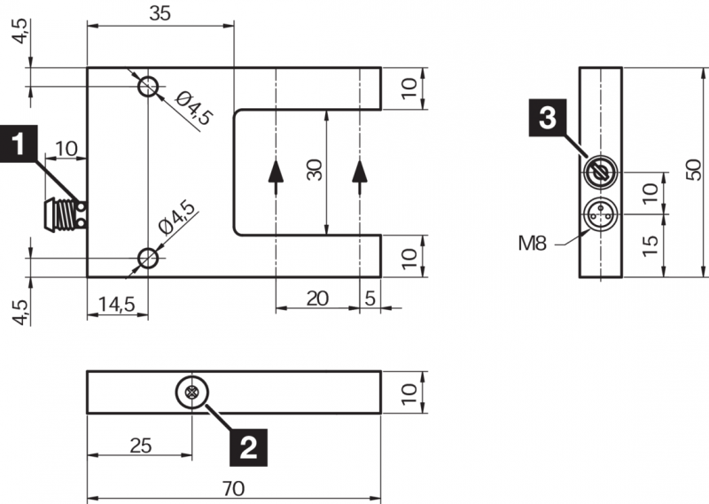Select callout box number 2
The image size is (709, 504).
(249, 446)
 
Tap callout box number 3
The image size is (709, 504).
(549, 117)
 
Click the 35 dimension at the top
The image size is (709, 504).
(160, 12)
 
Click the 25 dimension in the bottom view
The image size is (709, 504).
(140, 445)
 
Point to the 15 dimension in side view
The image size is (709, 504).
(651, 244)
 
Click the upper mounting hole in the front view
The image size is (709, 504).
(148, 87)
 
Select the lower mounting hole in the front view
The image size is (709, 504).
(148, 258)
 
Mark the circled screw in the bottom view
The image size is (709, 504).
(191, 392)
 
